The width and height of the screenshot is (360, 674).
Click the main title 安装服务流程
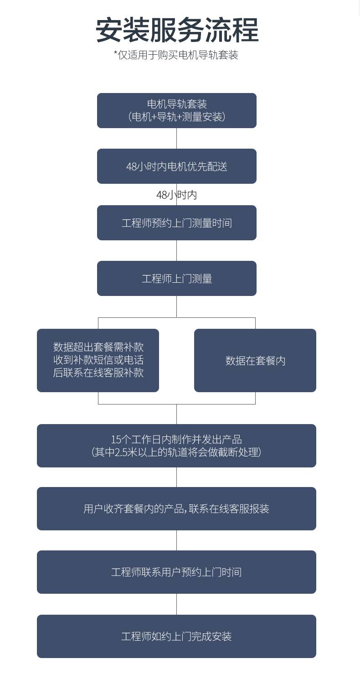tap(177, 30)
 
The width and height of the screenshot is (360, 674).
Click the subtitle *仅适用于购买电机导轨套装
tap(176, 55)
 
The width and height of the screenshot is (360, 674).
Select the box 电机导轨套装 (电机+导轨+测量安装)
tap(176, 110)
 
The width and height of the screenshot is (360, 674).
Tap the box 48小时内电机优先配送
tap(176, 166)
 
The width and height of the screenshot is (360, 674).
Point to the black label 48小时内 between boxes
tap(176, 195)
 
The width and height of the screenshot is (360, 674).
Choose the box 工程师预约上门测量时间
tap(176, 223)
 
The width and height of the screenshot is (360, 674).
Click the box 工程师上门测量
tap(176, 278)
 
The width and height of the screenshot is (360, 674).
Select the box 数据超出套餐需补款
tap(98, 360)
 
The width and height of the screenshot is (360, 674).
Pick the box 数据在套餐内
tap(255, 360)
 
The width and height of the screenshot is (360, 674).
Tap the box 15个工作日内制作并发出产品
tap(176, 446)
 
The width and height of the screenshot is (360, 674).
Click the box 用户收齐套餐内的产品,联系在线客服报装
tap(176, 508)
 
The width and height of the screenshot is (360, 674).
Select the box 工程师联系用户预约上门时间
tap(176, 572)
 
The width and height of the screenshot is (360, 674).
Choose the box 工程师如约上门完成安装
tap(176, 636)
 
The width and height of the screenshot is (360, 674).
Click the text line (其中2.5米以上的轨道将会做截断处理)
tap(176, 452)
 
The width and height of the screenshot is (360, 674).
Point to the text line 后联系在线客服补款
tap(98, 373)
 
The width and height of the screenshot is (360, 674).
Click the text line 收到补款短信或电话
tap(98, 360)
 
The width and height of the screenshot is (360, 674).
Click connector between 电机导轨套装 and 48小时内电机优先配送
tap(176, 139)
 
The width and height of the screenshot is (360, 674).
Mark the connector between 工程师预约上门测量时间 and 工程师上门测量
tap(176, 251)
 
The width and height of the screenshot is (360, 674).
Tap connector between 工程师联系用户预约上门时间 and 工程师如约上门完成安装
tap(176, 604)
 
